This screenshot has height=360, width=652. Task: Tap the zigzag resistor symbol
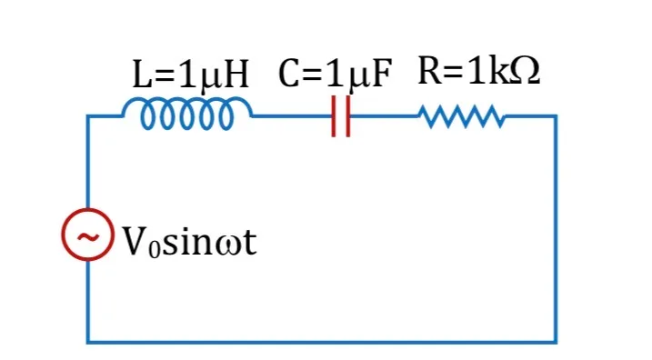pyautogui.click(x=462, y=116)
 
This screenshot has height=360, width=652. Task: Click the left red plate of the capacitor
pyautogui.click(x=334, y=116)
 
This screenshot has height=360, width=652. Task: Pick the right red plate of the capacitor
pyautogui.click(x=348, y=116)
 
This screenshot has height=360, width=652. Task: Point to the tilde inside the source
pyautogui.click(x=87, y=237)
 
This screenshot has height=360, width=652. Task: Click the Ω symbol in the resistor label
pyautogui.click(x=526, y=71)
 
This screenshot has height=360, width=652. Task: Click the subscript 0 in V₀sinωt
pyautogui.click(x=155, y=250)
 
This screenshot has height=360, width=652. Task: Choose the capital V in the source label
pyautogui.click(x=135, y=241)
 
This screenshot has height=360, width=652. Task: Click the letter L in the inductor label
pyautogui.click(x=141, y=75)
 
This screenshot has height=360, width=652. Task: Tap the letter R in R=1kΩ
pyautogui.click(x=430, y=70)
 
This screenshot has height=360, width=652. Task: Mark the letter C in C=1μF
pyautogui.click(x=289, y=73)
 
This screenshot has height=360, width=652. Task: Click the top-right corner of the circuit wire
pyautogui.click(x=556, y=116)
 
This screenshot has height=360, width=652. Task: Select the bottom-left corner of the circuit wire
pyautogui.click(x=88, y=342)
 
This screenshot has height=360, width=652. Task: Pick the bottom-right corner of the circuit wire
pyautogui.click(x=556, y=342)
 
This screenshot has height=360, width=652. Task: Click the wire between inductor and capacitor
pyautogui.click(x=292, y=116)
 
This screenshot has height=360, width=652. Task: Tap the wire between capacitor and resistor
pyautogui.click(x=385, y=116)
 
